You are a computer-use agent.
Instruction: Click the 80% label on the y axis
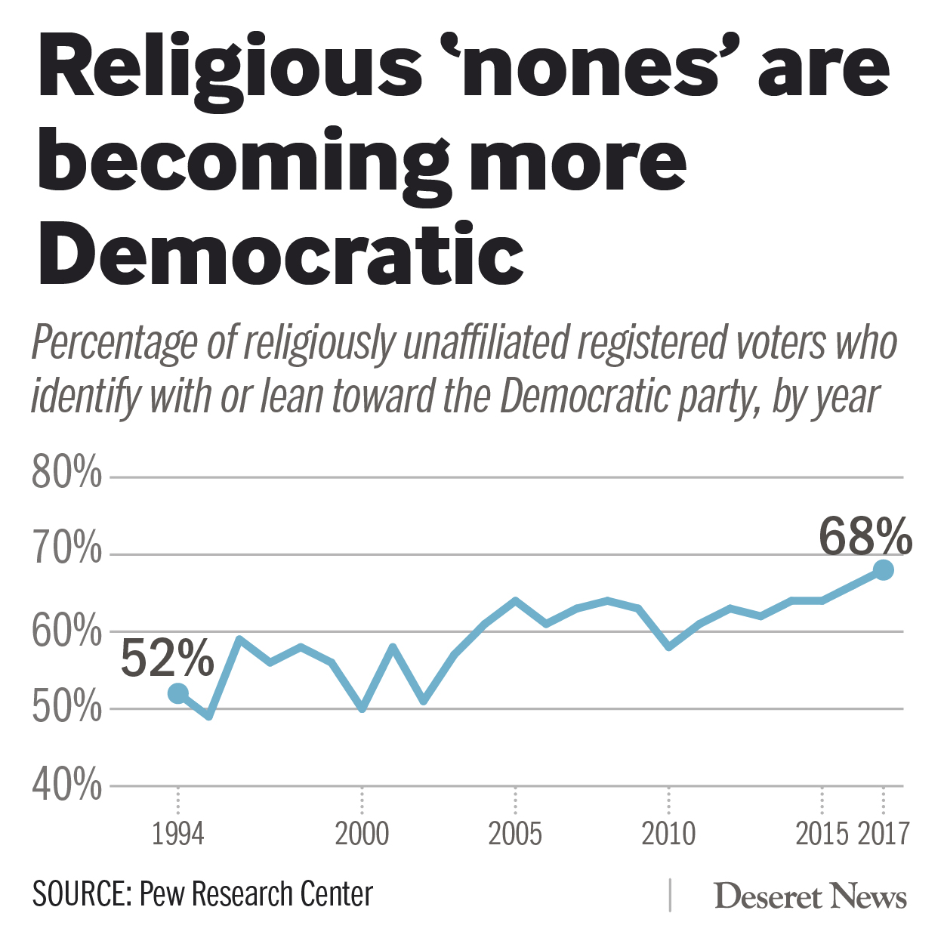pos(66,474)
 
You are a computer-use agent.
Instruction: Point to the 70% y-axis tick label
pos(66,550)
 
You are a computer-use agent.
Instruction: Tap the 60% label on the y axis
pos(66,631)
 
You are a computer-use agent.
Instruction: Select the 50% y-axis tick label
pos(66,708)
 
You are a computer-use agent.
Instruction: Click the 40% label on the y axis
pos(66,785)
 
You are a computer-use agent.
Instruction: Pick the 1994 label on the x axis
pos(178,834)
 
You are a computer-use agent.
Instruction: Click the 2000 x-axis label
pos(362,834)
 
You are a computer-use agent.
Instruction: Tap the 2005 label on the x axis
pos(515,834)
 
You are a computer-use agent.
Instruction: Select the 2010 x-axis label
pos(668,834)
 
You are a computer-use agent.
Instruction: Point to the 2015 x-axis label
pos(822,834)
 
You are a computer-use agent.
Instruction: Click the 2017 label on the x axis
pos(884,834)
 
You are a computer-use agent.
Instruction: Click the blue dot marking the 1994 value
pos(178,693)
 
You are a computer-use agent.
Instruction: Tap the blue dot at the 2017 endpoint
pos(884,570)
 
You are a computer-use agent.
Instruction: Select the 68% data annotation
pos(865,537)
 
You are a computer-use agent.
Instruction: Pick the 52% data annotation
pos(168,658)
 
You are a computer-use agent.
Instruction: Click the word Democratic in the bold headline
pos(281,253)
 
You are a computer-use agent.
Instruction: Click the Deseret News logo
pos(810,896)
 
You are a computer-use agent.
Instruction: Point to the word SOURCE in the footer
pos(82,894)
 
